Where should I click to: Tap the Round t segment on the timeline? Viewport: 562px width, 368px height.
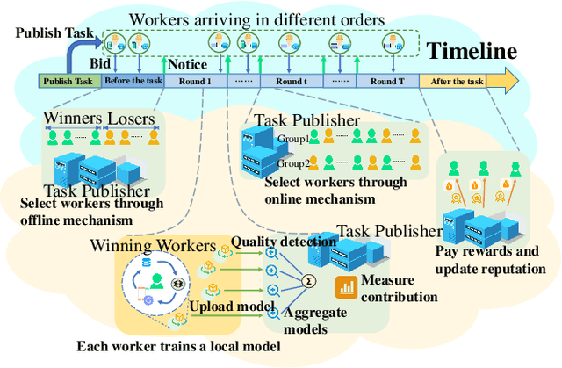pos(291,82)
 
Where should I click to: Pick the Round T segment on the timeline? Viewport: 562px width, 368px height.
pos(387,82)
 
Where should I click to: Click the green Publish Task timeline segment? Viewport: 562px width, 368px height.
pos(69,82)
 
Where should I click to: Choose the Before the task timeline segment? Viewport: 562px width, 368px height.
pos(133,82)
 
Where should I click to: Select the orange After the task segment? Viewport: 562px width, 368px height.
pos(458,82)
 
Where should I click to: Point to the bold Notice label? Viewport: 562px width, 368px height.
pos(188,64)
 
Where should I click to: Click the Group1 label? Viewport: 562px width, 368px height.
pos(294,139)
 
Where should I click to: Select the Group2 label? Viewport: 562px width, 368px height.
pos(294,163)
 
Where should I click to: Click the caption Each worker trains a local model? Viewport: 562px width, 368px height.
pos(178,346)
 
